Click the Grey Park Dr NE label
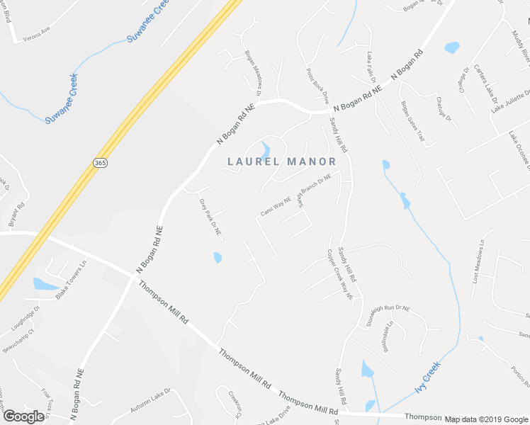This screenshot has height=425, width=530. click(210, 217)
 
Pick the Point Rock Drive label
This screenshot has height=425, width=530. click(317, 86)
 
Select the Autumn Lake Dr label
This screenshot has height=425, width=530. click(150, 401)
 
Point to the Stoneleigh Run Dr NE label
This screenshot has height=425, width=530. click(389, 315)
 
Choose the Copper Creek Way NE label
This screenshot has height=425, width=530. click(339, 276)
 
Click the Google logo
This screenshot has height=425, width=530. click(23, 416)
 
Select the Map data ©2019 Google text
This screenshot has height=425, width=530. click(485, 419)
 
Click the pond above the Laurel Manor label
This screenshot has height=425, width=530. click(266, 150)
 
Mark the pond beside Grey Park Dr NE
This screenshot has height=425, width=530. click(218, 258)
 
